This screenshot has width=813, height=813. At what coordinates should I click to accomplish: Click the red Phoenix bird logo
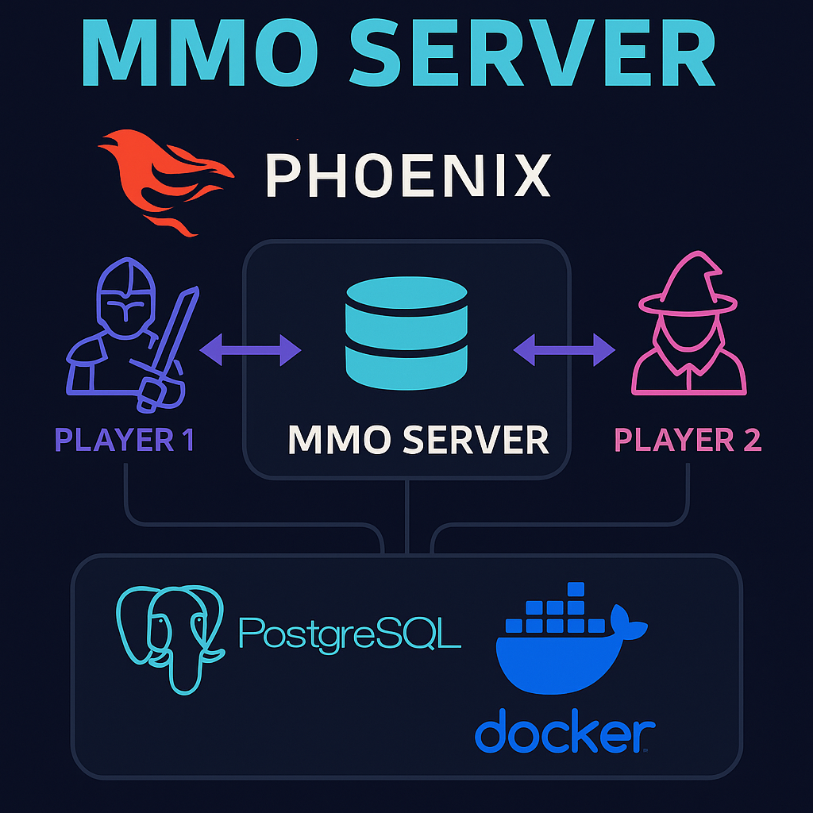[x=163, y=179]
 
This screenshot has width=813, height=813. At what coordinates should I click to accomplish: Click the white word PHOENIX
[x=407, y=175]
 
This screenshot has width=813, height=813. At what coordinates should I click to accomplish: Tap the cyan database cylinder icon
[x=406, y=333]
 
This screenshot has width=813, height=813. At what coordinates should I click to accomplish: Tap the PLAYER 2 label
[x=688, y=439]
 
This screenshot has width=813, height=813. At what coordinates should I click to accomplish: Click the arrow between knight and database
[x=250, y=349]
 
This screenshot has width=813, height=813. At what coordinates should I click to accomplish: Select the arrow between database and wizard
[x=564, y=349]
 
